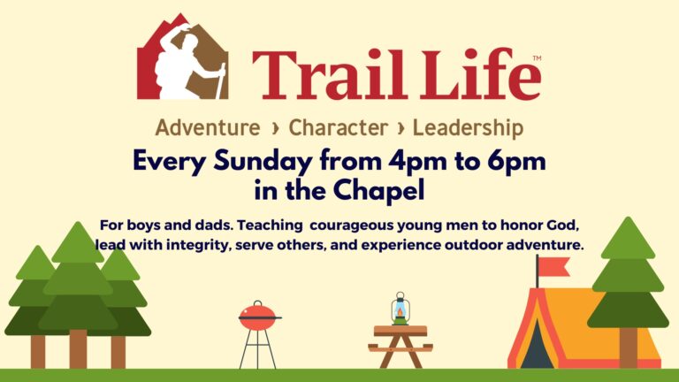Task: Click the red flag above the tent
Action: tap(553, 266)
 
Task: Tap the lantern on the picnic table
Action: tap(401, 309)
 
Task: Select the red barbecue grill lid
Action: tap(257, 317)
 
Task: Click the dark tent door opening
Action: tap(536, 346)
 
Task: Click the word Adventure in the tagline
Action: tap(208, 127)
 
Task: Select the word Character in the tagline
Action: tap(339, 127)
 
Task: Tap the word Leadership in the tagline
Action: tap(468, 128)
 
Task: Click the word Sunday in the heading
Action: tap(263, 162)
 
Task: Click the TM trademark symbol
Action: tap(537, 58)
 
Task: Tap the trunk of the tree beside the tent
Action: tap(629, 348)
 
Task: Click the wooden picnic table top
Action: tap(401, 331)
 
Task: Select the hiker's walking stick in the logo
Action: tap(221, 81)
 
